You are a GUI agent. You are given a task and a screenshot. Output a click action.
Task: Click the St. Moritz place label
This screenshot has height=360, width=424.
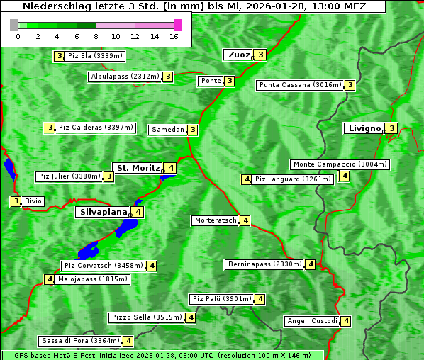coord(138,168)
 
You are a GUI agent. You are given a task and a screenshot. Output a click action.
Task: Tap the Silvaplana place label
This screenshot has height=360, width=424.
coord(103,211)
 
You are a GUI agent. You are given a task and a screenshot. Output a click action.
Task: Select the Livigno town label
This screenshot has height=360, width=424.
coord(363,128)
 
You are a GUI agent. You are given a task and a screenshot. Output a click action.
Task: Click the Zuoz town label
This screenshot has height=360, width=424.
coord(237,55)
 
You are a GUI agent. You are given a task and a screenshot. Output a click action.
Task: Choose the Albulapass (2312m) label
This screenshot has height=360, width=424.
coord(125,77)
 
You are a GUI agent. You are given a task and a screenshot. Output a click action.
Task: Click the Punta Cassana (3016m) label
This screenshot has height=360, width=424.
coord(300,85)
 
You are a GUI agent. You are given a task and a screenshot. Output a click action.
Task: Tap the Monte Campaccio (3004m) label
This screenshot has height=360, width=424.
coord(340,164)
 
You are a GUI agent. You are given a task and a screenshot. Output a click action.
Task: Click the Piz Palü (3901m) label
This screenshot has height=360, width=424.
coord(221,299)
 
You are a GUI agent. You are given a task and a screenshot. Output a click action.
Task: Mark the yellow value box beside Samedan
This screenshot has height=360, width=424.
coord(193,130)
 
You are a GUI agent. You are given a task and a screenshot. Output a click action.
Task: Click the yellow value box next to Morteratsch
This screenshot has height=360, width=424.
coord(245,220)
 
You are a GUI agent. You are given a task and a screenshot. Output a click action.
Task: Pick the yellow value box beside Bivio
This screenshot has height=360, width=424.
coord(16,201)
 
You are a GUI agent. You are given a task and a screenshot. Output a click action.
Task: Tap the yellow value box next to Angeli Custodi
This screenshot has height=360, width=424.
coord(346,321)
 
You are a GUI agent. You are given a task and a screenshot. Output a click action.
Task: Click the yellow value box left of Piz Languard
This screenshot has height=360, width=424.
coord(247,179)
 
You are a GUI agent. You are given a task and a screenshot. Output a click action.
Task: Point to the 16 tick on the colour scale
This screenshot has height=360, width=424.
coord(174,36)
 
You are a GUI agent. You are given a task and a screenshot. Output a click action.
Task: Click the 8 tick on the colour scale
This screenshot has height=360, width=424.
coord(96,36)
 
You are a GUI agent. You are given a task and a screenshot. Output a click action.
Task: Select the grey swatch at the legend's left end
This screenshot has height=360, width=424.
coord(14,25)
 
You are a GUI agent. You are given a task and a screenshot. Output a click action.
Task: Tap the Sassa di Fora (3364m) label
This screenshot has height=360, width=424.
coord(80,341)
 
